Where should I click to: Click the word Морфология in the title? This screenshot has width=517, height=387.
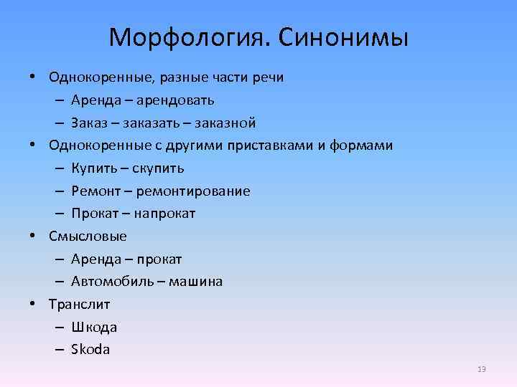pyautogui.click(x=187, y=37)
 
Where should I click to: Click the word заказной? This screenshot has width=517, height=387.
pyautogui.click(x=227, y=123)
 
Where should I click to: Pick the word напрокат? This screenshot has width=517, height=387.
pyautogui.click(x=162, y=214)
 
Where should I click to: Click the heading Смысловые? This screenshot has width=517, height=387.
pyautogui.click(x=88, y=236)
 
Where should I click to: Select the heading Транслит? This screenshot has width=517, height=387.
pyautogui.click(x=79, y=304)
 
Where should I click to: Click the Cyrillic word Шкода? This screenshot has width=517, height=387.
pyautogui.click(x=94, y=327)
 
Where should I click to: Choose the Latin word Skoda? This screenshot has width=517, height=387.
pyautogui.click(x=91, y=350)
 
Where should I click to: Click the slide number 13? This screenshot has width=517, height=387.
pyautogui.click(x=481, y=369)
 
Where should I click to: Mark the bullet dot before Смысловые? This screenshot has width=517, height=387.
pyautogui.click(x=34, y=236)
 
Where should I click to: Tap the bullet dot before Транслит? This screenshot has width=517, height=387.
pyautogui.click(x=34, y=304)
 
